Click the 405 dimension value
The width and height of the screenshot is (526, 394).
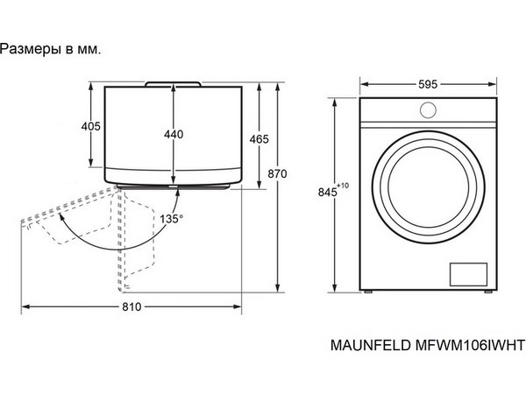(91, 126)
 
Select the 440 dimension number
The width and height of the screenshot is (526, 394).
(174, 134)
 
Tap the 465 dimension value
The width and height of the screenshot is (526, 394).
(259, 139)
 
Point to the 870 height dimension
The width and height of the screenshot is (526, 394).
(277, 174)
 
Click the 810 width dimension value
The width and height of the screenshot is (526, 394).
(131, 306)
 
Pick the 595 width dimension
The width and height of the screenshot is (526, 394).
(428, 84)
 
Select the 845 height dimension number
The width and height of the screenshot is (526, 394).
(327, 193)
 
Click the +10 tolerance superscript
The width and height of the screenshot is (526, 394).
(343, 186)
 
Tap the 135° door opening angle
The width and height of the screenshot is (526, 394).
(172, 219)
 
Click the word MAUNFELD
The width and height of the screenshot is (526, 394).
(371, 345)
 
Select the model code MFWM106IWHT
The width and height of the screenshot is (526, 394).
(470, 345)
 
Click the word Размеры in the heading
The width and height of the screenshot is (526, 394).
(30, 50)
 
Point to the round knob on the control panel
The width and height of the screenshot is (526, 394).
(428, 110)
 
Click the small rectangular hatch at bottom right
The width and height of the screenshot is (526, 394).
(468, 274)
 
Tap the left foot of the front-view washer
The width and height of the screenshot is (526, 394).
(368, 292)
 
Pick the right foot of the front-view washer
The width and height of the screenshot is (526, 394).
(488, 292)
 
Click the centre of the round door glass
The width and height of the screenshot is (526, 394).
(429, 187)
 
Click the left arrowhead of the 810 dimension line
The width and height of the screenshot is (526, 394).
(25, 306)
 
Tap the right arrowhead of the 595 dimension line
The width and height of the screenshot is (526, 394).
(492, 84)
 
